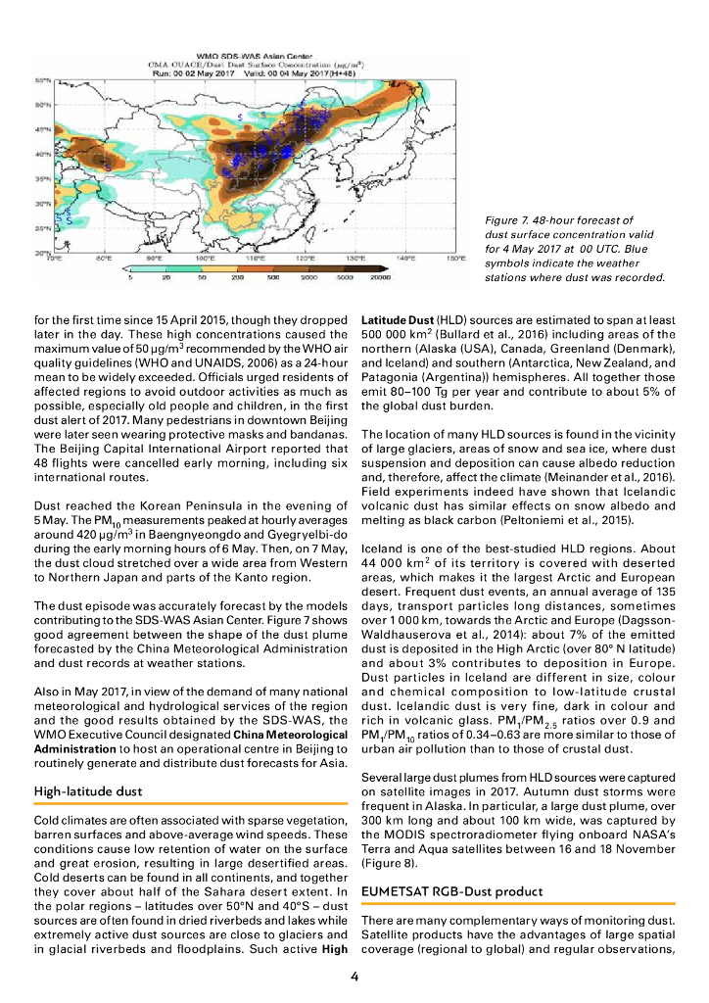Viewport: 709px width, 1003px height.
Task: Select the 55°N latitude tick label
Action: point(44,80)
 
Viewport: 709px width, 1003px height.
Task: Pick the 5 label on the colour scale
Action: point(129,278)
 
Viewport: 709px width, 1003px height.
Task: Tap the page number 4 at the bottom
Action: point(354,976)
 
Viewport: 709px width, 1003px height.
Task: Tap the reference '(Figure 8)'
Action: point(387,864)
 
